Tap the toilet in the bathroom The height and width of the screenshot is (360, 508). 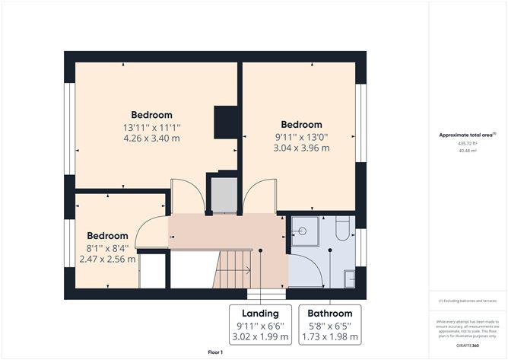pos(342,229)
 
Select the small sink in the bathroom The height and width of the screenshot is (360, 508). pos(349,279)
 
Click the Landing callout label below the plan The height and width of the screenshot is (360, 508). pos(260,313)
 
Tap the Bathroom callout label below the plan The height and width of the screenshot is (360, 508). pos(329,313)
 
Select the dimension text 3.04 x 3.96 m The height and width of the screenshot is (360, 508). pos(302,148)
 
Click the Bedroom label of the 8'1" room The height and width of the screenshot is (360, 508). pos(107,236)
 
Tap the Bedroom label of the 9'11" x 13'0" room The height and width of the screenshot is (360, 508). pos(302,125)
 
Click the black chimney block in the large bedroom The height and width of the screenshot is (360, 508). pos(227,122)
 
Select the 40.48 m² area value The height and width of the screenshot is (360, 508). pos(468,151)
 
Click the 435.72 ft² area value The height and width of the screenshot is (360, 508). pos(468,143)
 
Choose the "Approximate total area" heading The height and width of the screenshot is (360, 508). pos(466,135)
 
